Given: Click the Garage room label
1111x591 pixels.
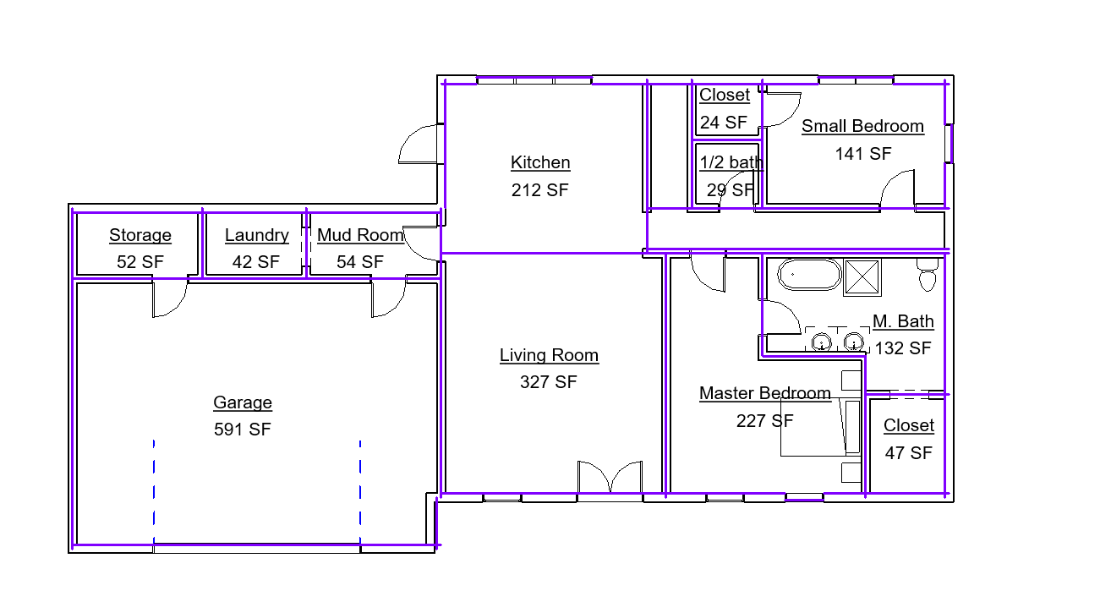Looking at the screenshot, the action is (243, 402).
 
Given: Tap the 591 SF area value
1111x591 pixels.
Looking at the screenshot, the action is (243, 429).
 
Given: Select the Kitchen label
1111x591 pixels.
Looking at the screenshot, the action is (540, 162).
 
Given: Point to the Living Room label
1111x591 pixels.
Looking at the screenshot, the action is (549, 355).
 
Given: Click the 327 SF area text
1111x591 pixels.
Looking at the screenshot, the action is (549, 382).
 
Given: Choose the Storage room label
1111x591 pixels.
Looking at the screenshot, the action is (140, 235).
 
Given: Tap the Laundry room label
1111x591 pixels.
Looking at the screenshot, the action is (257, 235).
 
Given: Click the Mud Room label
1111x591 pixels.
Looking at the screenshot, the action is (360, 235).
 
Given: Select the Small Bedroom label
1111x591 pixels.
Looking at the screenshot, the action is (863, 126).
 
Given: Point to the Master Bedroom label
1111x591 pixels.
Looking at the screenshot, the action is (765, 393).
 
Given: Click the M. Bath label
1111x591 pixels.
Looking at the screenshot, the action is (903, 321).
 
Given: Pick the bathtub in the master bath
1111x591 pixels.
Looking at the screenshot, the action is (809, 274).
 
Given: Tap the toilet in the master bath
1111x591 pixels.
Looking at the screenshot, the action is (928, 274).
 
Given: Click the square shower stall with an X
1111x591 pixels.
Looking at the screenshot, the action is (862, 277).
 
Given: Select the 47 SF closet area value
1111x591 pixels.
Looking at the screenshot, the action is (909, 452).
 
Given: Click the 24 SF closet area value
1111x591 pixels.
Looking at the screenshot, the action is (724, 122).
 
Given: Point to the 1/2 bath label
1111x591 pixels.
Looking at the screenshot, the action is (731, 162).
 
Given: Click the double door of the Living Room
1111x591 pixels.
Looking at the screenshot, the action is (610, 478).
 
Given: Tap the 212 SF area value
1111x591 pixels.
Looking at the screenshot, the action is (540, 190).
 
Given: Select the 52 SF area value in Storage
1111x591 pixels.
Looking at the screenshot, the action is (140, 262).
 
